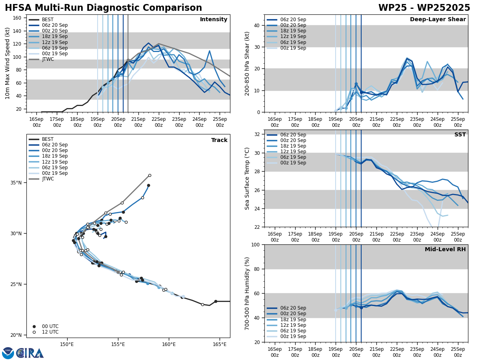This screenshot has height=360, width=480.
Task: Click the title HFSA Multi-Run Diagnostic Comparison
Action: coord(103,8)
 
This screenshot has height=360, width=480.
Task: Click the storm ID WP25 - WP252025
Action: coord(424,8)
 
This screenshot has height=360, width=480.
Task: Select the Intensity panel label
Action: coord(214,20)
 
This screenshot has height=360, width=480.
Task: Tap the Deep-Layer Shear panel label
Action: coord(438,20)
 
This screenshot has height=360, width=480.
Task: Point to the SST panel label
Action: coord(460,135)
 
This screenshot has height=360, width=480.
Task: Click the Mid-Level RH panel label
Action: coord(445,250)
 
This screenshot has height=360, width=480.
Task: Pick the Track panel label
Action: coord(219,140)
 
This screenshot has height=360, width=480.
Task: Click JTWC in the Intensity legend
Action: coord(48,59)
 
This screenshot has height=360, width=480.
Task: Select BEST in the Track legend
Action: coord(48,139)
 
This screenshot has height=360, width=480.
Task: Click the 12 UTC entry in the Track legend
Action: coord(50,332)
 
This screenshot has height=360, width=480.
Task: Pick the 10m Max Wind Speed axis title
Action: coord(8,63)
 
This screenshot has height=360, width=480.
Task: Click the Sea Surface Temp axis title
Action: coord(248,178)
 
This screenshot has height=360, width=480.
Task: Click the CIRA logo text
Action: coord(30,353)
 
